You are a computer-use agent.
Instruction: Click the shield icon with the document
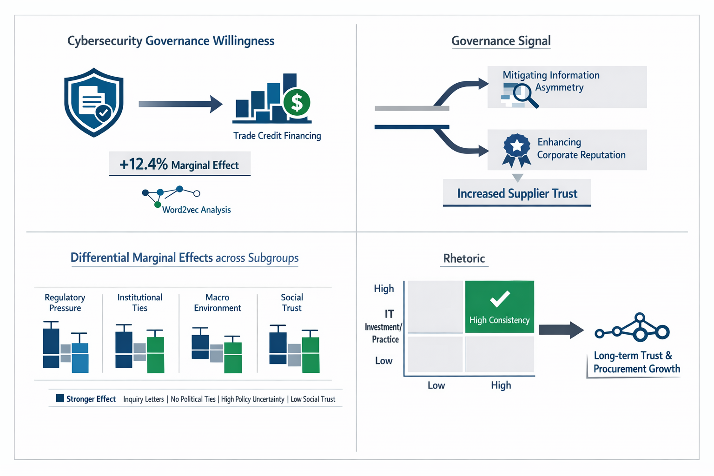(x=94, y=102)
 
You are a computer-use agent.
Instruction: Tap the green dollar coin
(x=296, y=102)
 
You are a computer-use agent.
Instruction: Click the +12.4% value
(x=143, y=164)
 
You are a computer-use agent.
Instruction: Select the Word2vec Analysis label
(x=196, y=210)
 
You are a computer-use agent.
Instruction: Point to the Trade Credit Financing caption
(x=277, y=136)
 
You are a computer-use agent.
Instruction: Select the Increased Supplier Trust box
(x=517, y=193)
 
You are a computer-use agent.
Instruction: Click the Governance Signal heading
(x=501, y=41)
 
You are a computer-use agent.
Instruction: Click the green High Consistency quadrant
(x=499, y=307)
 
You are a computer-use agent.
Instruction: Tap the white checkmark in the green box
(x=500, y=298)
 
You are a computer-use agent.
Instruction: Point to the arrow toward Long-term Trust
(x=561, y=330)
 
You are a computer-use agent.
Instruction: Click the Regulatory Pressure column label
(x=65, y=303)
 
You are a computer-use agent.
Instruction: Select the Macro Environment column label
(x=217, y=303)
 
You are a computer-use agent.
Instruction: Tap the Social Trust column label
(x=291, y=303)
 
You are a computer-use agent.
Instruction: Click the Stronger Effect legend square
(x=60, y=398)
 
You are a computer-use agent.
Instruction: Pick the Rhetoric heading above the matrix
(x=464, y=258)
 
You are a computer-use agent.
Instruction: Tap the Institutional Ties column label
(x=139, y=303)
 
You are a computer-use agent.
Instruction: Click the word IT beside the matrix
(x=389, y=314)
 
